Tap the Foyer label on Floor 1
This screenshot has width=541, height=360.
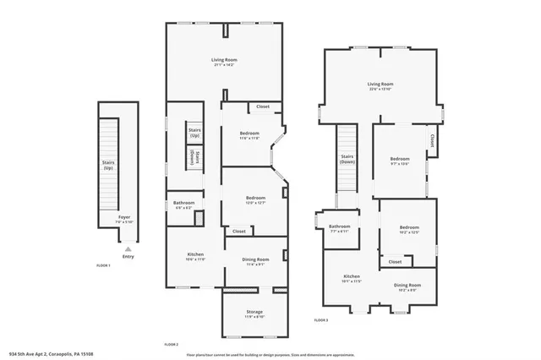pyautogui.click(x=124, y=218)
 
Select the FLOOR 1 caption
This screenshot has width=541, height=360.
pyautogui.click(x=103, y=265)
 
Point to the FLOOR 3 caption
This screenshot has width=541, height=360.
pyautogui.click(x=321, y=320)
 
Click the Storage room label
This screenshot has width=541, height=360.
pyautogui.click(x=254, y=313)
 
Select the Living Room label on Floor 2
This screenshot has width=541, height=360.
pyautogui.click(x=224, y=60)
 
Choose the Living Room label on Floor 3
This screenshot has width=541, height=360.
pyautogui.click(x=380, y=85)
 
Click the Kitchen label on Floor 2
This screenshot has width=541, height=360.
pyautogui.click(x=195, y=254)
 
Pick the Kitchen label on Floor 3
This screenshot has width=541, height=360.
pyautogui.click(x=352, y=277)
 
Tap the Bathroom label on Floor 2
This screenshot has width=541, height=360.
pyautogui.click(x=184, y=204)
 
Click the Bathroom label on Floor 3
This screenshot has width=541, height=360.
pyautogui.click(x=340, y=227)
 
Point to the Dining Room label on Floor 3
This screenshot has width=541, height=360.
pyautogui.click(x=407, y=286)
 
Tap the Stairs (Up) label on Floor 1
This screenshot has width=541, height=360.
pyautogui.click(x=108, y=165)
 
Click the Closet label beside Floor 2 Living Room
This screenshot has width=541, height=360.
pyautogui.click(x=263, y=106)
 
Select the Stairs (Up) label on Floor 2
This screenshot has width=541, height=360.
pyautogui.click(x=195, y=133)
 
